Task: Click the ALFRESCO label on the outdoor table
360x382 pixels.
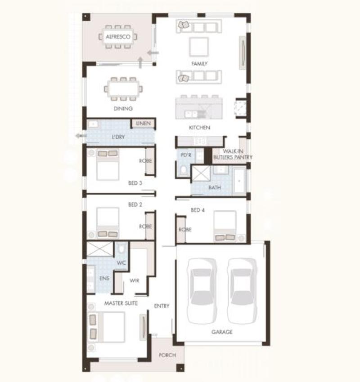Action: [118, 37]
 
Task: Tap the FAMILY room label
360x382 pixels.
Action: [199, 64]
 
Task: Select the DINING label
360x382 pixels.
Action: [123, 109]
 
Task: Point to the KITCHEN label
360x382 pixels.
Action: [199, 128]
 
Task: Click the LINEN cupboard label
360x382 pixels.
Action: [144, 123]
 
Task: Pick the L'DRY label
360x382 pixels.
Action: [118, 137]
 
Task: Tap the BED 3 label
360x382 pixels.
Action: [135, 183]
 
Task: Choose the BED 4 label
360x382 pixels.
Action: [198, 210]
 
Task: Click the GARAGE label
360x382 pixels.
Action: [222, 332]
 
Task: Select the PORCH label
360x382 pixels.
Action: [167, 355]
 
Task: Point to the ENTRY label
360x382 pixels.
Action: [162, 306]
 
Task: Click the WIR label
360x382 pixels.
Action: [135, 280]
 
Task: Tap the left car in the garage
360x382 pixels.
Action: [202, 291]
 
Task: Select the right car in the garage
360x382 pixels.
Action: [242, 291]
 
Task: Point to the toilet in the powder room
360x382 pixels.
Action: [184, 170]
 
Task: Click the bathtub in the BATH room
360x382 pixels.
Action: [239, 181]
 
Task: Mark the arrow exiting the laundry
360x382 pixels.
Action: [81, 136]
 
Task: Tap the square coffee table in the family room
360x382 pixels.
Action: [199, 47]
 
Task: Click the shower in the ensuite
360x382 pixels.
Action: [100, 249]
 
